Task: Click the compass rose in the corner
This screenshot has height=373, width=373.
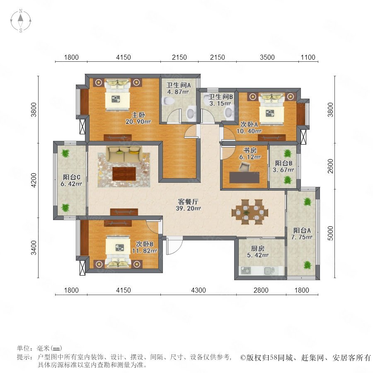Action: (x=21, y=21)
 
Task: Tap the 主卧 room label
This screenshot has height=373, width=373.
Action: (x=138, y=115)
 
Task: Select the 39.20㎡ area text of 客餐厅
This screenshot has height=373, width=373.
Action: (x=189, y=208)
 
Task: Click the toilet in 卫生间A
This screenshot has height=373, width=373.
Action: (x=168, y=101)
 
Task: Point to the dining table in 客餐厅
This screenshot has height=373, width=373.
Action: (x=250, y=212)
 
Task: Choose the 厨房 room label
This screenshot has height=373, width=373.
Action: (x=258, y=249)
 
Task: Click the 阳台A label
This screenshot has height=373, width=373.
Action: (x=302, y=230)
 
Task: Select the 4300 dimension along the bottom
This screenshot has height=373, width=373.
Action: (x=199, y=290)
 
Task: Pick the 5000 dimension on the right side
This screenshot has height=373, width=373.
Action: (x=331, y=233)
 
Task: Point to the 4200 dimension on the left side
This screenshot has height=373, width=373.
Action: (x=34, y=180)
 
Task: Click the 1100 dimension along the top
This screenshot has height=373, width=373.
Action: (x=308, y=57)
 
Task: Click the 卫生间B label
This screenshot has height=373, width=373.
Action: (x=220, y=97)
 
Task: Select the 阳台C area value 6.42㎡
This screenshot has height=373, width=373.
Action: (x=71, y=184)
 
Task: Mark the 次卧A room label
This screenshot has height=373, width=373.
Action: (x=249, y=124)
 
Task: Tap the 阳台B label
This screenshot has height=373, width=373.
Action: (x=283, y=163)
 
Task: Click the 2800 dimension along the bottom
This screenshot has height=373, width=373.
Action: (x=261, y=290)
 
